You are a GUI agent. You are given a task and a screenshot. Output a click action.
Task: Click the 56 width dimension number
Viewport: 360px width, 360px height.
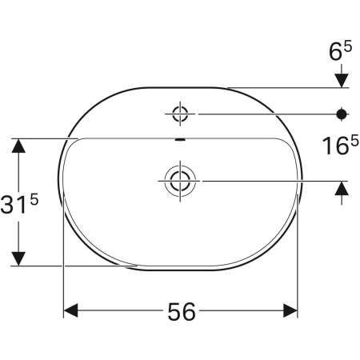click(x=182, y=312)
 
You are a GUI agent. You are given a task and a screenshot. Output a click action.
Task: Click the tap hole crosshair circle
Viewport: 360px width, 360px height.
click(x=180, y=113)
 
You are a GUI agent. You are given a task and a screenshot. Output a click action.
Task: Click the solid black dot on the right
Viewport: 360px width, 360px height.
click(x=342, y=113)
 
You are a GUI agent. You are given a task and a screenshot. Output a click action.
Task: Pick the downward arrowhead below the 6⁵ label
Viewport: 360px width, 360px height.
click(x=342, y=79)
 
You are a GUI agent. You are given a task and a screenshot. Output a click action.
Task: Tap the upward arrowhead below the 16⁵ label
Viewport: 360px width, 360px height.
click(x=342, y=188)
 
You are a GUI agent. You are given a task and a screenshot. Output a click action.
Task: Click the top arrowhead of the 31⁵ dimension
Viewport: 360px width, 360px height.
click(x=18, y=146)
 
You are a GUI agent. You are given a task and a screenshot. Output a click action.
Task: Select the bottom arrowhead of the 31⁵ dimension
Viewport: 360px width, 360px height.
click(x=18, y=258)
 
